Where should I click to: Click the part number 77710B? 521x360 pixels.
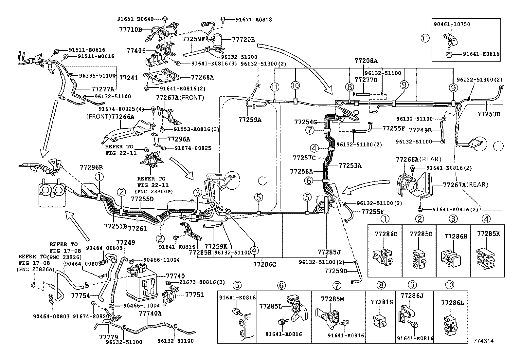[x=130, y=29]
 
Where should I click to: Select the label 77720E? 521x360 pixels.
[x=243, y=39]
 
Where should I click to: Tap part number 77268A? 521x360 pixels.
[x=202, y=77]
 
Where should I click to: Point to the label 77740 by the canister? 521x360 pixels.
[x=175, y=276]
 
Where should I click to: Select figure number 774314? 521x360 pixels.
[x=483, y=341]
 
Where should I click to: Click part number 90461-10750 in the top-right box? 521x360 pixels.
[x=452, y=24]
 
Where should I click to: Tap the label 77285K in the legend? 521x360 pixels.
[x=488, y=234]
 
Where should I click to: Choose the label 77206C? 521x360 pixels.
[x=264, y=264]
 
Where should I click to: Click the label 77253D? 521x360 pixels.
[x=489, y=114]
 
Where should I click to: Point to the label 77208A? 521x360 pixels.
[x=366, y=61]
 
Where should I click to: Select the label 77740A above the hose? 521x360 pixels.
[x=150, y=313]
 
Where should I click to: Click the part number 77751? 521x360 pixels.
[x=194, y=294]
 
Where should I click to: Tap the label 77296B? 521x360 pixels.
[x=91, y=167]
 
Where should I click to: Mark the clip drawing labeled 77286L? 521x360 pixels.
[x=450, y=322]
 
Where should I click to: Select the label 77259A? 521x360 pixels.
[x=250, y=120]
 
